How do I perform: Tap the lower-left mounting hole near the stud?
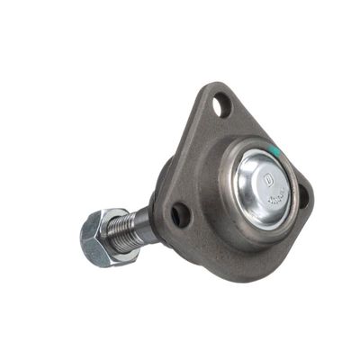[181, 213]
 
